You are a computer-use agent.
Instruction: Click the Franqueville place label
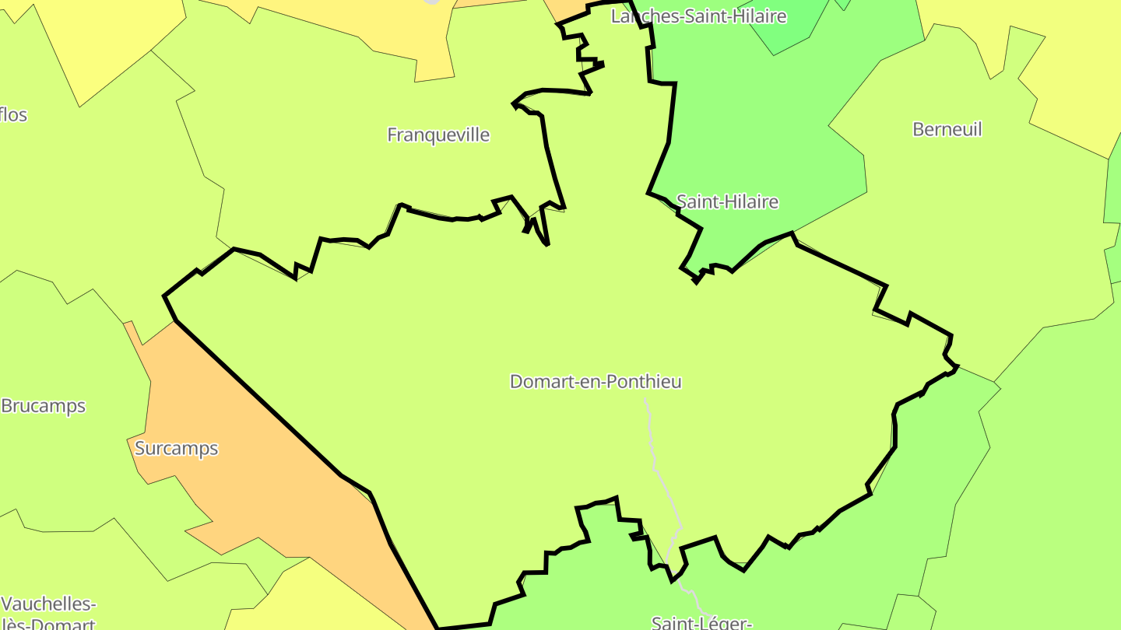coord(438,135)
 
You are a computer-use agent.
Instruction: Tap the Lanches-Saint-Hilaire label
coord(698,16)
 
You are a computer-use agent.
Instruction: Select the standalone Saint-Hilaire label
coord(727,201)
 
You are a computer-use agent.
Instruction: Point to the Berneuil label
coord(947,129)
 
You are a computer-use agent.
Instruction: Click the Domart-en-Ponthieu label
coord(596,381)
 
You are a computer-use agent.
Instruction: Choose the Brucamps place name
coord(44,406)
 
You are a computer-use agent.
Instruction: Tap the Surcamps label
coord(177,449)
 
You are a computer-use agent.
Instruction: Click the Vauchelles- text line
coord(49,604)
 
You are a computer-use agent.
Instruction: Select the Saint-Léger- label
coord(701,622)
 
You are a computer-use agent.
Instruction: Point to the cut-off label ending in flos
coord(13,115)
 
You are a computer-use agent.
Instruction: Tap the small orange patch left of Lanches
coord(564,9)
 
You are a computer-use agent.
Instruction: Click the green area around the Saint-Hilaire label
coord(763,140)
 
